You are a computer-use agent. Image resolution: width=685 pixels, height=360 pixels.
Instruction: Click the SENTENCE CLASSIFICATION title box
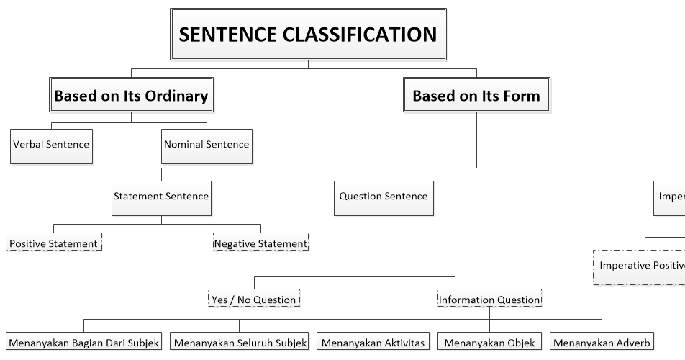coord(307,33)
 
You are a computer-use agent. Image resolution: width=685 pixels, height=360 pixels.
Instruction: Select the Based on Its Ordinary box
coord(131,96)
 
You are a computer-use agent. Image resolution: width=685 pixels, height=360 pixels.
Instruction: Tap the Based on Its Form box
coord(476,96)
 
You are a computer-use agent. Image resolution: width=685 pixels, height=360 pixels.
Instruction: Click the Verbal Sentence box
coord(51,144)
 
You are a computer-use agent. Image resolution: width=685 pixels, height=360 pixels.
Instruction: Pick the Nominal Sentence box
coord(206,144)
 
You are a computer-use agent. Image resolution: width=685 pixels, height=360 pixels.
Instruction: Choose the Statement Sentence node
coord(161,197)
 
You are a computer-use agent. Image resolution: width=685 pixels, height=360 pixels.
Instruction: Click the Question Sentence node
coord(384,197)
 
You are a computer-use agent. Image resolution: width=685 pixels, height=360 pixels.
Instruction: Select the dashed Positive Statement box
coord(54,243)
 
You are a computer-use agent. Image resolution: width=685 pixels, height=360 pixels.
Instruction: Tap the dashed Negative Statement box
coord(260,243)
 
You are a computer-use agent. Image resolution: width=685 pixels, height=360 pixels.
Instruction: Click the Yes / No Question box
coord(253,300)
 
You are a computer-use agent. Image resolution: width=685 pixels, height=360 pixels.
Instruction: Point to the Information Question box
coord(489,300)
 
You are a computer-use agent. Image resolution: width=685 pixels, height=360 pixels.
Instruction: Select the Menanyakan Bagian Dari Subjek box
coord(83,342)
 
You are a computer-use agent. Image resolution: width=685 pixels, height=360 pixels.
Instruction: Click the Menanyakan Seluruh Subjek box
coord(240,342)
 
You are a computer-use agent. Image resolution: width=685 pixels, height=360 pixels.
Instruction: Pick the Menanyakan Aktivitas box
coord(373,342)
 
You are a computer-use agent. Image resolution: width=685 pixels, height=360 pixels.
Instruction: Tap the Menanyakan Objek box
coord(489,342)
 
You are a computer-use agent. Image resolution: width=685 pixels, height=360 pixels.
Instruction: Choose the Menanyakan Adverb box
coord(602,342)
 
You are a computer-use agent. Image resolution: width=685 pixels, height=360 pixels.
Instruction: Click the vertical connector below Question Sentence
coord(384,245)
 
